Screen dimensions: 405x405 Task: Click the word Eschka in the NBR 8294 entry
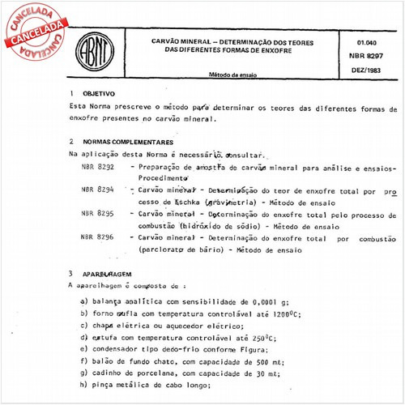(188, 202)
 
